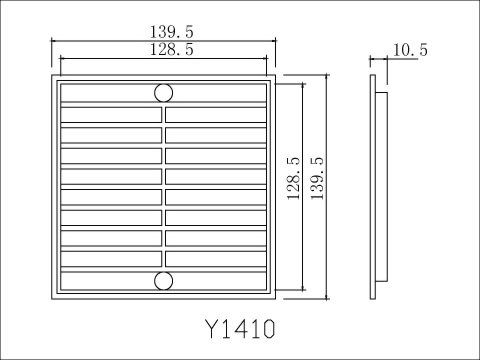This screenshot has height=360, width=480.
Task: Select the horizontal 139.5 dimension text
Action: coord(171,32)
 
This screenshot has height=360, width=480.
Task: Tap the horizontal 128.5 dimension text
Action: coord(171,50)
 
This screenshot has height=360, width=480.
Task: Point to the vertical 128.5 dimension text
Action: coord(293,179)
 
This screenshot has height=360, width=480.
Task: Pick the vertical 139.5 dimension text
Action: coord(317,179)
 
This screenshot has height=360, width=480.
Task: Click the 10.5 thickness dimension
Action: coord(410,50)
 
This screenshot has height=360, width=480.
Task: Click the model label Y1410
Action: coord(240,329)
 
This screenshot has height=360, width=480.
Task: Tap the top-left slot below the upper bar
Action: coord(111,115)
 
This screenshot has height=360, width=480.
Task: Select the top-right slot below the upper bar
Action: coord(216,115)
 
